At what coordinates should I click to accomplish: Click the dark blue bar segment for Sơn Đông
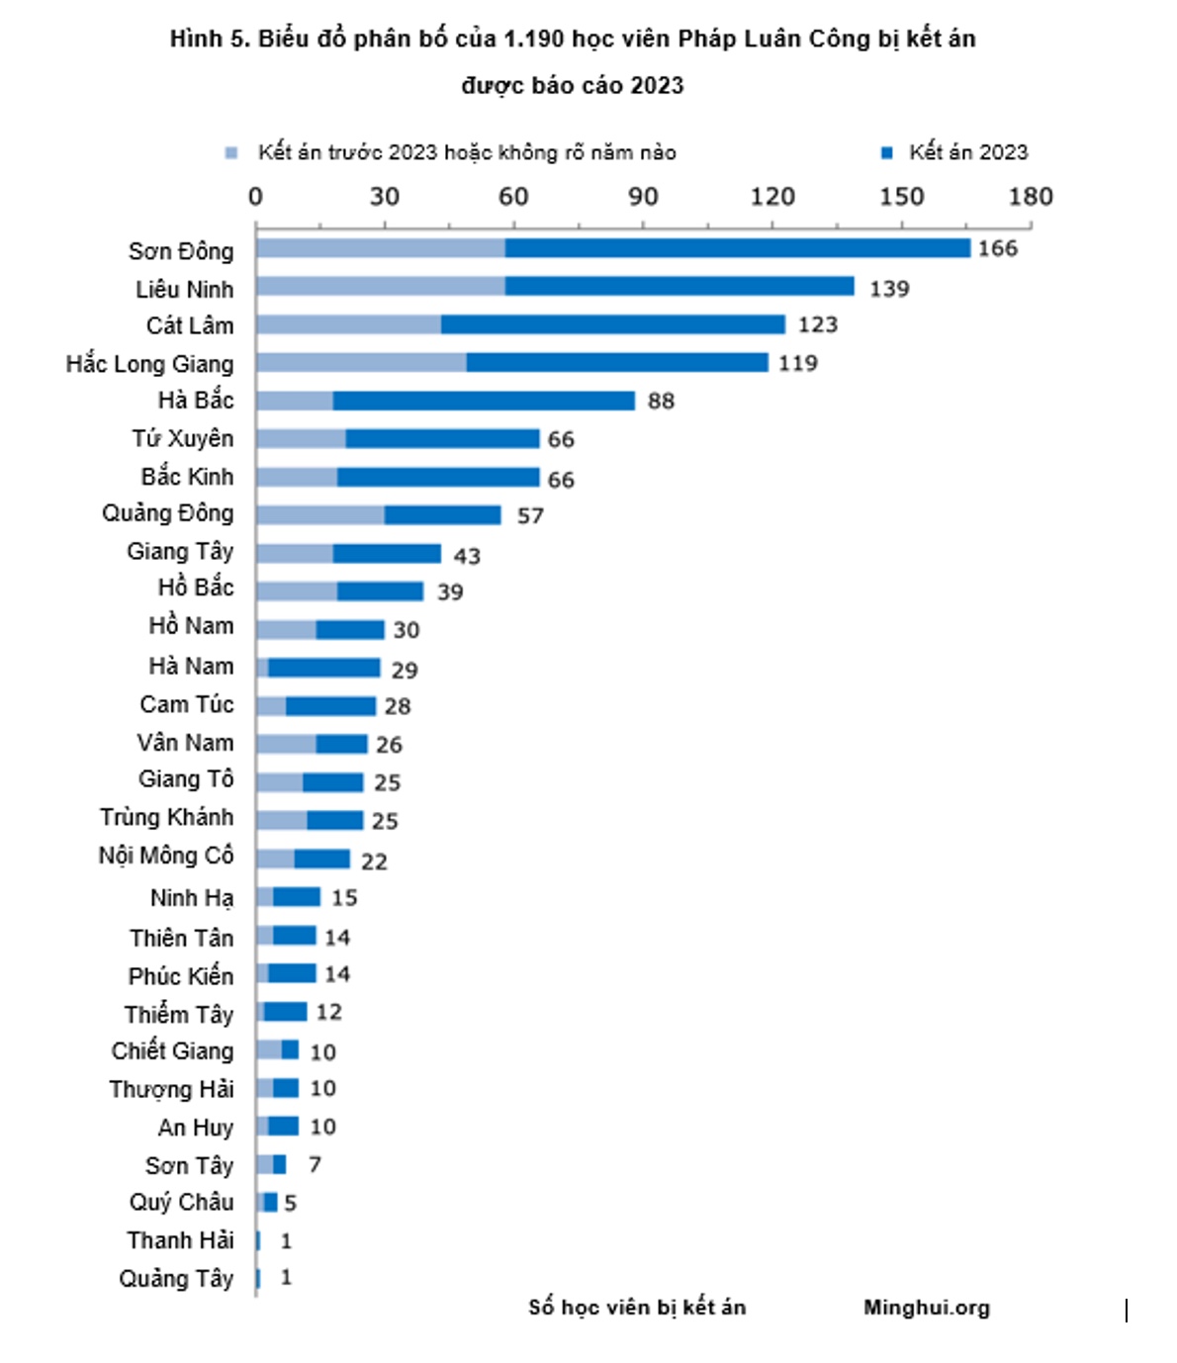click(737, 248)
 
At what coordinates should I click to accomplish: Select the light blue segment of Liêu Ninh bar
click(380, 287)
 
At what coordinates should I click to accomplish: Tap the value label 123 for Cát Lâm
click(817, 325)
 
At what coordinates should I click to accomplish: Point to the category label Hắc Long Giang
click(149, 364)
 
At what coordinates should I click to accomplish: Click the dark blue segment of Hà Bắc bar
click(484, 401)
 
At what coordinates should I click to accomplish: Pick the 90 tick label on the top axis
click(642, 197)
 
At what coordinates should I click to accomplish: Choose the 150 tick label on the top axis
click(901, 197)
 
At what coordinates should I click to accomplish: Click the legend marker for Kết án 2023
click(887, 152)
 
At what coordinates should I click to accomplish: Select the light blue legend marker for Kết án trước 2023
click(231, 152)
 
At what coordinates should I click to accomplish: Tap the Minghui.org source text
click(926, 1308)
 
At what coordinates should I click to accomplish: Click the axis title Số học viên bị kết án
click(637, 1308)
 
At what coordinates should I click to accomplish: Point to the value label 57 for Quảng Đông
click(530, 516)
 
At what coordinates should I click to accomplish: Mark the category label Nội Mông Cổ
click(166, 856)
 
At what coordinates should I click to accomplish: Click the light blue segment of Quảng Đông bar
click(319, 515)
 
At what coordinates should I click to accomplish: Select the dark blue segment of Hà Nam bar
click(323, 668)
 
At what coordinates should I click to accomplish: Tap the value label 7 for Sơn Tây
click(315, 1164)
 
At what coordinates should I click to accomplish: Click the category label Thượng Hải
click(171, 1089)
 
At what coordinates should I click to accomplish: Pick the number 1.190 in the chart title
click(534, 40)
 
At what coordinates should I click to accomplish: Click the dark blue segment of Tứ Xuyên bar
click(442, 438)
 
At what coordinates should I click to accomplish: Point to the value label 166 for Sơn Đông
click(997, 249)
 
